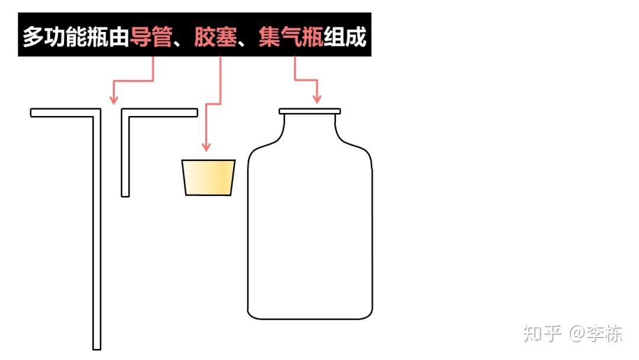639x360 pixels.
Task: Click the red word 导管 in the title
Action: click(151, 37)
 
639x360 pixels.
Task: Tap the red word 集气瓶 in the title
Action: click(291, 37)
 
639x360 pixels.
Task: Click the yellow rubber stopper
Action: click(209, 177)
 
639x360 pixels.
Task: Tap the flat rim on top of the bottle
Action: click(309, 111)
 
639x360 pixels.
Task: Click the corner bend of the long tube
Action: click(96, 112)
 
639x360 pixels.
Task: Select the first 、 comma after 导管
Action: click(180, 43)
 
